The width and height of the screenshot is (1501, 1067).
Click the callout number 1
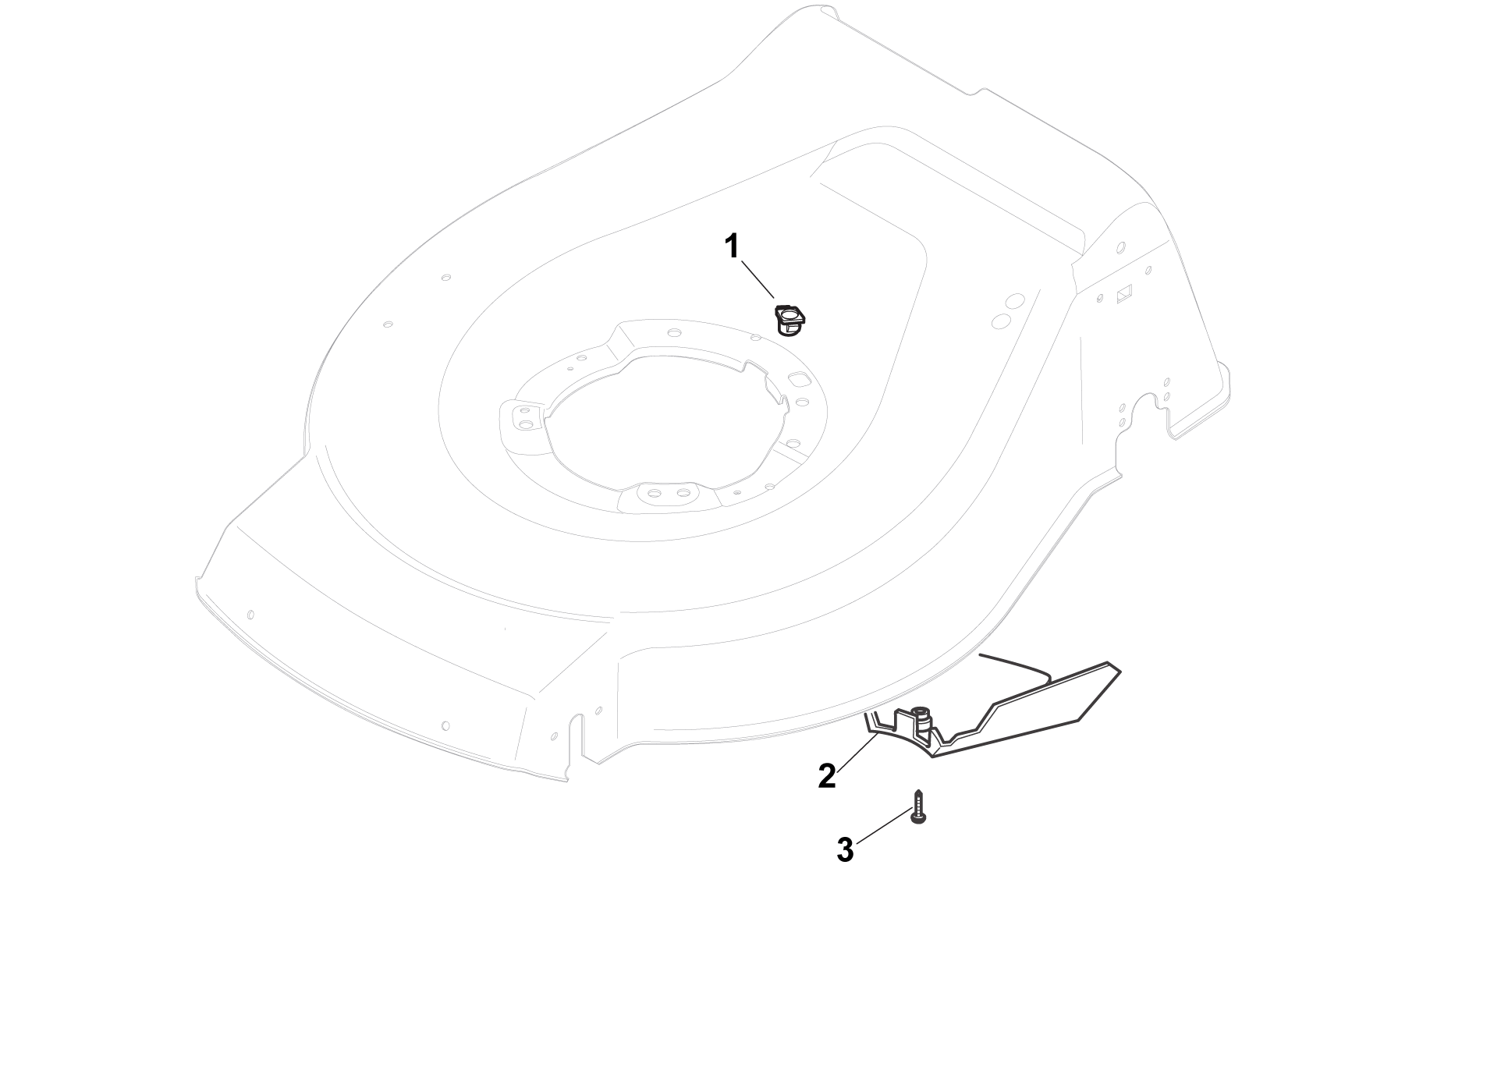point(731,246)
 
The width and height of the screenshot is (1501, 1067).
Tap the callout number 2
point(827,776)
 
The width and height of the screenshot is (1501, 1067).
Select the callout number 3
point(845,850)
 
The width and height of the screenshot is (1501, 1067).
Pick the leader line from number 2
point(859,750)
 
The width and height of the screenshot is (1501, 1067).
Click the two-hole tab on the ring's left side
point(521,420)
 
